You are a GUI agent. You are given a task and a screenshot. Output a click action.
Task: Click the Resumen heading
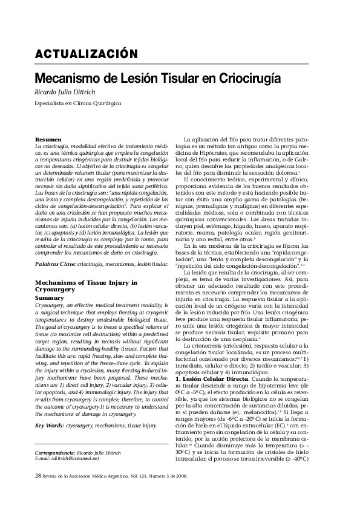click(48, 140)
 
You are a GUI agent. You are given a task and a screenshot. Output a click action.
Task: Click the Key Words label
click(50, 409)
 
